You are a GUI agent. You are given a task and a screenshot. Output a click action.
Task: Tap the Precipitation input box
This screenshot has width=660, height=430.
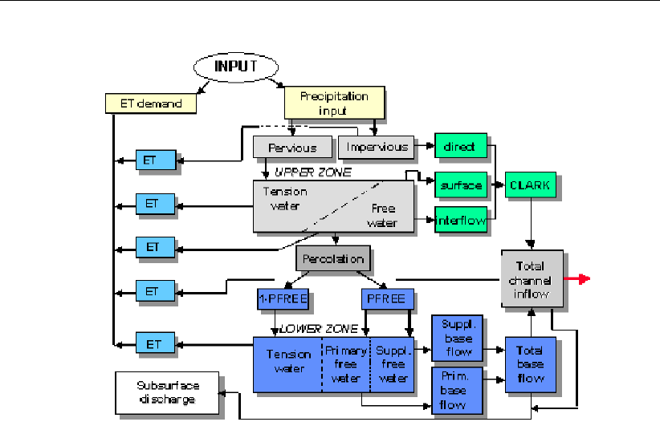334,103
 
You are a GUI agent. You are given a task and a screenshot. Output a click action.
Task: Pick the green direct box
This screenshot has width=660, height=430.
460,147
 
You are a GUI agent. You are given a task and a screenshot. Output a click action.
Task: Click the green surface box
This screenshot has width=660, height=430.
461,185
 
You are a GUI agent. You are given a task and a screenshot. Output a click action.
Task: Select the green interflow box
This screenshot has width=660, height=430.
461,220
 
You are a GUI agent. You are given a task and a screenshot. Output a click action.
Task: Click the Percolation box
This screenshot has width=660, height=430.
334,258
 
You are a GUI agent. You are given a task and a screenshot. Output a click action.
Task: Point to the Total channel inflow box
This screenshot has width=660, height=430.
532,279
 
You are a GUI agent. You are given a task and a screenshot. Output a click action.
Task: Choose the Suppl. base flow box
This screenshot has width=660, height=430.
457,338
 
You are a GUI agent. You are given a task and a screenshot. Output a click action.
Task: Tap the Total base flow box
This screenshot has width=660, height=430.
530,365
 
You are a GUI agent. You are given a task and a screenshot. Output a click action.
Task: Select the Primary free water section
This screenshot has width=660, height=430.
345,365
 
